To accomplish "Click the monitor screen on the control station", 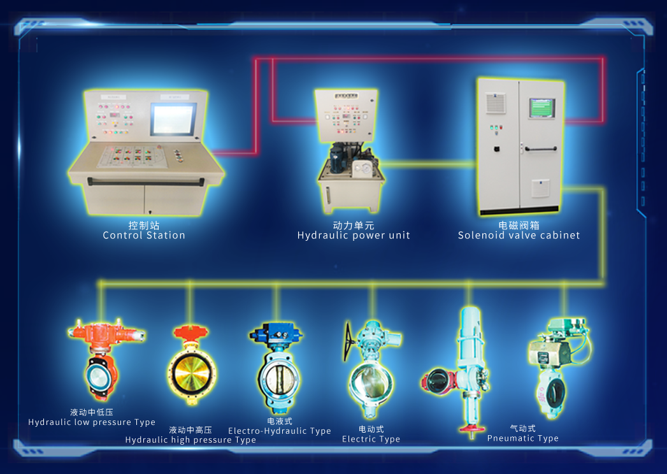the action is click(x=173, y=119).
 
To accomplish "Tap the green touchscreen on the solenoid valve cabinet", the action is click(x=542, y=108).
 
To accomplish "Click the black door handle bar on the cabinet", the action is click(x=541, y=149).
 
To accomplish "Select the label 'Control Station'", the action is click(x=144, y=235).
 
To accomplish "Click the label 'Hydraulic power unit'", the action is click(x=354, y=235).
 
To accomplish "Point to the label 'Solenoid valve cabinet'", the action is click(x=519, y=235).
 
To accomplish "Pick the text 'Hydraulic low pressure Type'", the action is click(x=92, y=422).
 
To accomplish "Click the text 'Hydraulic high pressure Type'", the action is click(x=190, y=440).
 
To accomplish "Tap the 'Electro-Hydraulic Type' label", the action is click(x=280, y=431).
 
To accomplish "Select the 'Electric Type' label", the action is click(x=371, y=439).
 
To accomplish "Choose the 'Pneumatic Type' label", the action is click(x=523, y=438).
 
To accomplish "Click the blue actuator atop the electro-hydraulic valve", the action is click(x=276, y=333).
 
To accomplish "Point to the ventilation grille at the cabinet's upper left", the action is click(x=496, y=103).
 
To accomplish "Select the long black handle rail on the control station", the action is click(x=145, y=183).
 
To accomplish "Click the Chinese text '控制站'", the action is click(x=144, y=225).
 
